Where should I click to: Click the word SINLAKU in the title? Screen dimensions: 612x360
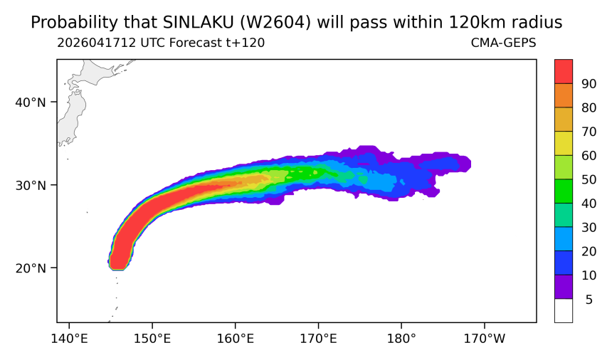tap(197, 23)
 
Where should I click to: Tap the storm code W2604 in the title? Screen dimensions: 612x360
tap(275, 23)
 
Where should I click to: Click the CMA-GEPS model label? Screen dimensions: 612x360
tap(504, 43)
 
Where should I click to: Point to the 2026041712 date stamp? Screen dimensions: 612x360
tap(96, 43)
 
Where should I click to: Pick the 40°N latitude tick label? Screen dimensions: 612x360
tap(31, 102)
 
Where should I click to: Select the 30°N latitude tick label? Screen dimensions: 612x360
tap(31, 185)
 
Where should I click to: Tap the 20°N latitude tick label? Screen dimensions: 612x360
tap(31, 268)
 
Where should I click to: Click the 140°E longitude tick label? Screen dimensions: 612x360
tap(69, 339)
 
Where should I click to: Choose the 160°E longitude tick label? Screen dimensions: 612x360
tap(236, 339)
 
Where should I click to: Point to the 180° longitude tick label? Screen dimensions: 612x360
tap(401, 339)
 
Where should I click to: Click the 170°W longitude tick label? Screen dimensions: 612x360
tap(485, 339)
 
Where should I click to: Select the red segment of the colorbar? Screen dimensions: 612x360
tap(564, 71)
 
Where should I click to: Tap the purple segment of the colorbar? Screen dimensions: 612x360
tap(564, 287)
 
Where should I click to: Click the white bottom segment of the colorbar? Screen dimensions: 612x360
tap(564, 310)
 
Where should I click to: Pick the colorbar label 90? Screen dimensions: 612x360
tap(589, 84)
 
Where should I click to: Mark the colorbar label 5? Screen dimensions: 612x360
tap(589, 300)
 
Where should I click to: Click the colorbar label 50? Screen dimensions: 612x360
tap(589, 180)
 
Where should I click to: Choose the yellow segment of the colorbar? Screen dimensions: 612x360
tap(564, 143)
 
